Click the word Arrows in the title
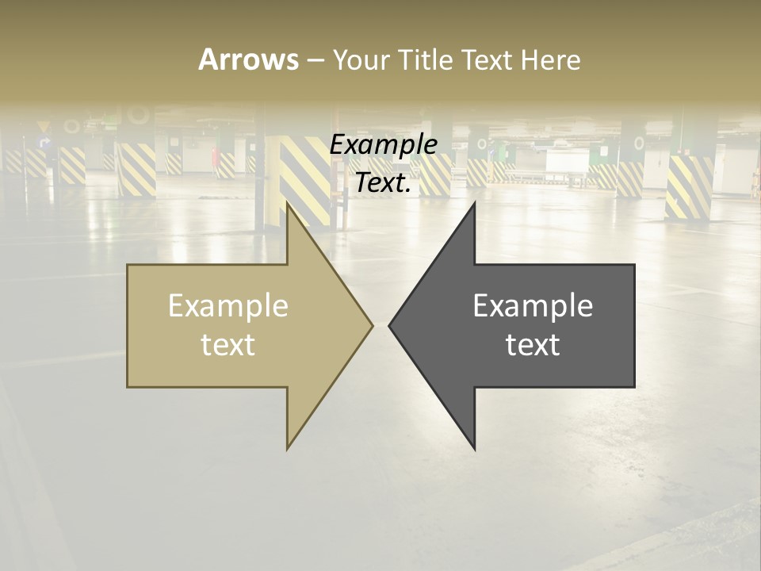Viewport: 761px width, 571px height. [248, 59]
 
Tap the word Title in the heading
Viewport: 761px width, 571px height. [424, 59]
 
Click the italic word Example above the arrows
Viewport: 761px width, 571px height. [383, 145]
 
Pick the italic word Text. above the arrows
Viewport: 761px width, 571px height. [383, 183]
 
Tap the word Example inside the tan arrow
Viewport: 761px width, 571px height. [228, 306]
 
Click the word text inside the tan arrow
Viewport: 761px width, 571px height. [228, 344]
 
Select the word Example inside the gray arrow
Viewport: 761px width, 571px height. [533, 306]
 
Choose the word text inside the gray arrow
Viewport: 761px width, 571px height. [533, 344]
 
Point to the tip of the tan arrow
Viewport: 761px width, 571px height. [372, 324]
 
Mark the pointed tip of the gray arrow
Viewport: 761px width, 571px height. [389, 324]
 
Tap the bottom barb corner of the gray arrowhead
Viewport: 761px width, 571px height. [474, 449]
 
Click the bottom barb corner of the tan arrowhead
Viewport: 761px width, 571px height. [288, 449]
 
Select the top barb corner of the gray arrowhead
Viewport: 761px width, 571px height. [474, 203]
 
